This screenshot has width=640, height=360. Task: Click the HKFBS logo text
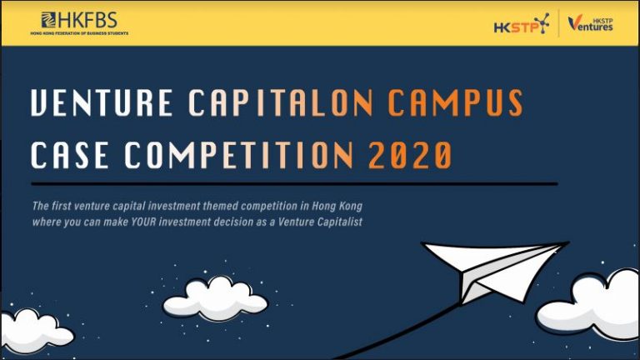click(x=87, y=20)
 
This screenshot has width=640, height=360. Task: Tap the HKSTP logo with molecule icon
click(x=521, y=23)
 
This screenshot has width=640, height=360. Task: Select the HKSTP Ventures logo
click(x=590, y=22)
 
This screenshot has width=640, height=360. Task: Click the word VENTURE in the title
click(x=102, y=102)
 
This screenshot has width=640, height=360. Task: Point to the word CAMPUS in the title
click(x=455, y=102)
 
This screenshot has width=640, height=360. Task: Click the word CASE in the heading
click(x=69, y=155)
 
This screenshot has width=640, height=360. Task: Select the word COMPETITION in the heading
click(x=239, y=155)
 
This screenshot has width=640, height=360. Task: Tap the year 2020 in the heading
click(x=410, y=155)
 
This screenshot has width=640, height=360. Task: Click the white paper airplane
click(x=495, y=270)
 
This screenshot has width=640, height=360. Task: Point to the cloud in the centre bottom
click(x=215, y=299)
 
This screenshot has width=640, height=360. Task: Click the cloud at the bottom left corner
click(x=35, y=332)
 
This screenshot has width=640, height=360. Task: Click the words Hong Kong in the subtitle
click(x=337, y=206)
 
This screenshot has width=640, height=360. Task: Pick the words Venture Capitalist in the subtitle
click(x=320, y=222)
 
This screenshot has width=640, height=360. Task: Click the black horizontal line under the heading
click(x=294, y=184)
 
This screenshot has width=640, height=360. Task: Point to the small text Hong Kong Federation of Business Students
click(x=79, y=33)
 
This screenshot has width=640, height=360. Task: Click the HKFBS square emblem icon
click(x=48, y=20)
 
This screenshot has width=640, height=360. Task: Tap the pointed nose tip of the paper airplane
click(x=569, y=242)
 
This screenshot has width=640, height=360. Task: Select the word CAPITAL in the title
click(x=259, y=102)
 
